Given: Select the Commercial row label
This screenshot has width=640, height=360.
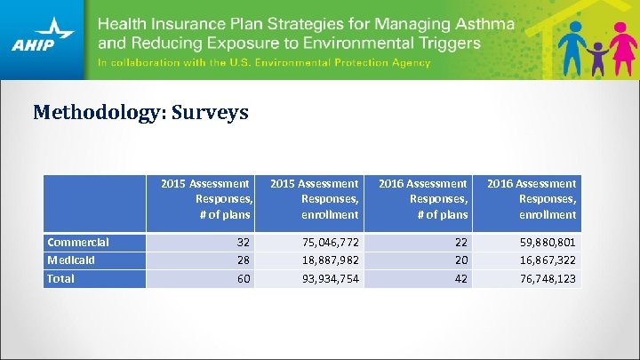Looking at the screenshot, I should pos(78,242).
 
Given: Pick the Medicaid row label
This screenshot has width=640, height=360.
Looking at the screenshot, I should pos(72,260).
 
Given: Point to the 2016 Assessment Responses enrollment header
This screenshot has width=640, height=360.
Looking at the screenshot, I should pos(532,199).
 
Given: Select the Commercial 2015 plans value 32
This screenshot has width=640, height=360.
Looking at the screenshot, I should pos(243,243).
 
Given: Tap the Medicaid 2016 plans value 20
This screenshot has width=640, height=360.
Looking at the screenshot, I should pos(460,260).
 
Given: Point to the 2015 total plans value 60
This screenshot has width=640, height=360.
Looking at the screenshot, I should pos(243,279).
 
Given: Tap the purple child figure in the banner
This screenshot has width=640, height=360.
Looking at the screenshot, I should pos(596,57).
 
